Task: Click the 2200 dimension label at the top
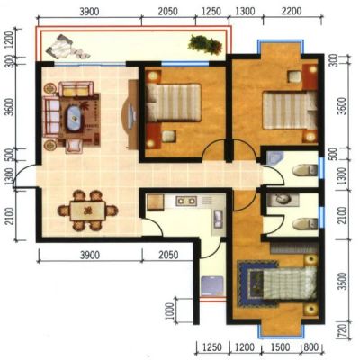292,12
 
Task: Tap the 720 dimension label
345,330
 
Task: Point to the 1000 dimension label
170,311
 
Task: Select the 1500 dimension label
280,347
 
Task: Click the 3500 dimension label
344,281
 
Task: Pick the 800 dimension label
311,347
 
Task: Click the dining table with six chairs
87,211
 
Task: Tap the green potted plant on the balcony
205,45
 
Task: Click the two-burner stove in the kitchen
186,201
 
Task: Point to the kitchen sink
218,219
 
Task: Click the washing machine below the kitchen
212,285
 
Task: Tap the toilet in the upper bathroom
305,170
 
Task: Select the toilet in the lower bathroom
305,224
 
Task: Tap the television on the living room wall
130,114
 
